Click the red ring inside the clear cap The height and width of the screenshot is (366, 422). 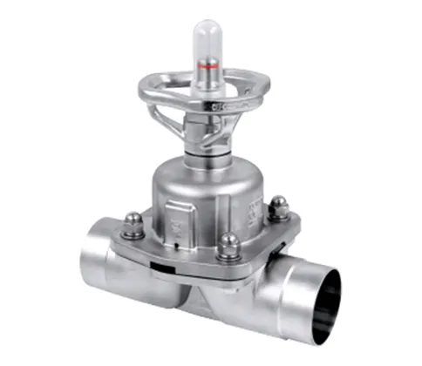[207, 64]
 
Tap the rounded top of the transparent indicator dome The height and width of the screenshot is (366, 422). [207, 26]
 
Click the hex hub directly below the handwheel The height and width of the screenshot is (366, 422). [208, 131]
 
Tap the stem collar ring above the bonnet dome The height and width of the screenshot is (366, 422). [207, 157]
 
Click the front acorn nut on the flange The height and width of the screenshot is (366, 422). [228, 247]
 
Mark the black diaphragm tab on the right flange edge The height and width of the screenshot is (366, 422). [284, 247]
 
